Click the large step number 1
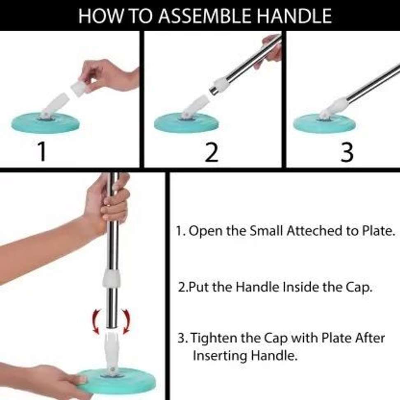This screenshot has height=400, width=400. point(42,151)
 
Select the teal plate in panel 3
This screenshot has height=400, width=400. point(324,123)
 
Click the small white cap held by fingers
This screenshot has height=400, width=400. point(79,88)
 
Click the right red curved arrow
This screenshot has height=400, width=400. point(126,321)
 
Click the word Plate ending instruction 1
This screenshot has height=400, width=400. point(380,231)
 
